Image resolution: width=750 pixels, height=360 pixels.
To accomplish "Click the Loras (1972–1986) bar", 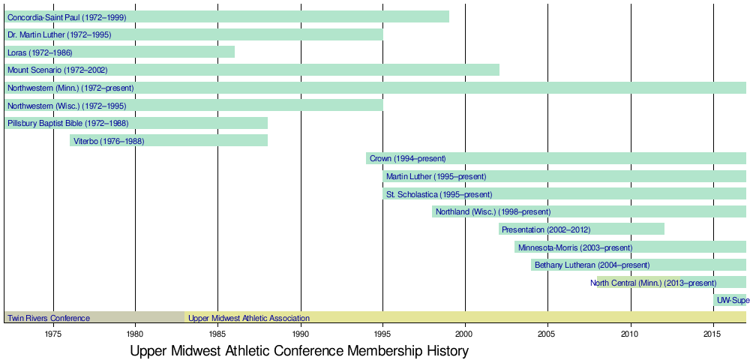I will (x=119, y=52).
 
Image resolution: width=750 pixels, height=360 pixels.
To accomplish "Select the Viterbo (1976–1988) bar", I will (x=169, y=140).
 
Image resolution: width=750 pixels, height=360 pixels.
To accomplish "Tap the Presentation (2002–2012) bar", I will (x=581, y=229).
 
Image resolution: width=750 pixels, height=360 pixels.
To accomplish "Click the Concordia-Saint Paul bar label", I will (x=67, y=16).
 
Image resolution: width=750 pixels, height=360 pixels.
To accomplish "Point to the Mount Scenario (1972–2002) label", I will (x=57, y=70).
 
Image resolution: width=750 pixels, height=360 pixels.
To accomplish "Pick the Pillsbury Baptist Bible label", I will (x=67, y=123).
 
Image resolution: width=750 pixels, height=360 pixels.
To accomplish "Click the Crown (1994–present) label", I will (x=407, y=158).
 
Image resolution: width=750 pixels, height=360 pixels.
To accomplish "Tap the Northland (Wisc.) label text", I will (x=493, y=211).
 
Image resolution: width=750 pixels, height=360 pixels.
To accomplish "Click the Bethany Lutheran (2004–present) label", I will (x=592, y=265).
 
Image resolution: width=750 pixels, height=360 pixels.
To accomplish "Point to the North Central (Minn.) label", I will (x=653, y=283).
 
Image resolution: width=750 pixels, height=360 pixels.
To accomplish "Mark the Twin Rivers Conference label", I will (x=49, y=318).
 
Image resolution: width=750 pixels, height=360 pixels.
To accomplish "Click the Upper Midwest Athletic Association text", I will (x=248, y=318).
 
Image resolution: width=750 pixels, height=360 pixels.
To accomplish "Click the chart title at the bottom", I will (x=299, y=350).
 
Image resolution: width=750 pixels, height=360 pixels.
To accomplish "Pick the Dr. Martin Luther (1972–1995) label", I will (x=61, y=34).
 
